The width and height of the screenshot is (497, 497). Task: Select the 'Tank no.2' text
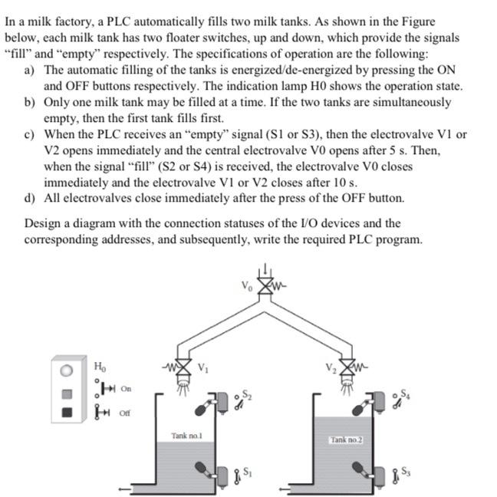pos(346,439)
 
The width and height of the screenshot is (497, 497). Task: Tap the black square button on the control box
pos(67,413)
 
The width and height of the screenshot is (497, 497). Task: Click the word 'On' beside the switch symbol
pos(125,389)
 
